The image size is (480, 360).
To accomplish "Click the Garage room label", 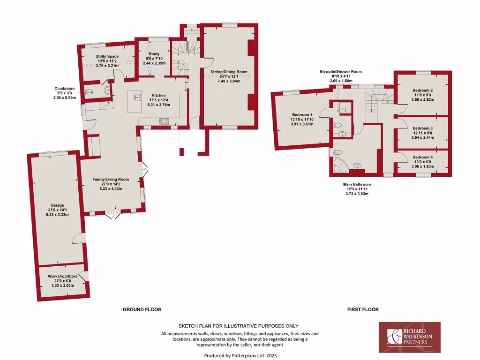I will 56,205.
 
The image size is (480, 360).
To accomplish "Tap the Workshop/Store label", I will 62,277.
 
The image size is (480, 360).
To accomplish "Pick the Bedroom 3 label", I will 422,128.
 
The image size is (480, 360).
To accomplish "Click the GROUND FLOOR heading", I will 142,309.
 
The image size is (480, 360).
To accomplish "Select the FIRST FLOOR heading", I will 363,309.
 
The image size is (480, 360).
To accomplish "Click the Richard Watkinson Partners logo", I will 409,337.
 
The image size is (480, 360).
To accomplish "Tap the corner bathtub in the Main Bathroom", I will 341,165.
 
